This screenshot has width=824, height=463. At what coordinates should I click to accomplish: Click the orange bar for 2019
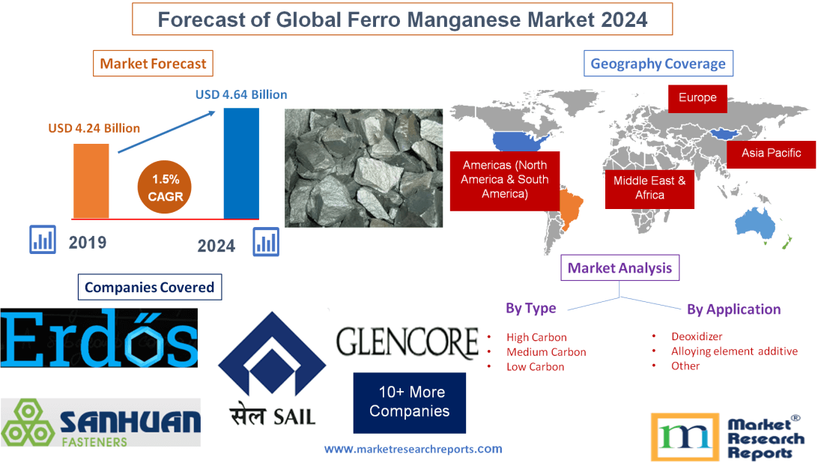click(x=91, y=181)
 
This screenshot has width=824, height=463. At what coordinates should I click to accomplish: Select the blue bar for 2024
click(x=241, y=163)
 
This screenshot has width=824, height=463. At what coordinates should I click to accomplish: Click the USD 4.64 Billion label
click(x=241, y=95)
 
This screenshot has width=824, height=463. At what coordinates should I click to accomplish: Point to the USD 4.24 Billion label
click(x=94, y=128)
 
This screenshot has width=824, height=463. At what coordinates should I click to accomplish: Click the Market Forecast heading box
click(x=153, y=64)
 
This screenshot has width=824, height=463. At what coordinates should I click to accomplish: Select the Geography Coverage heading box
click(x=658, y=64)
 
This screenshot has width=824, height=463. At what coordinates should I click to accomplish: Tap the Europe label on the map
click(x=697, y=98)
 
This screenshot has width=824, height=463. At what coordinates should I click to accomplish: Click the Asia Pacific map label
click(x=771, y=153)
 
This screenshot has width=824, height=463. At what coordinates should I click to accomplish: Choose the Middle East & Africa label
click(x=649, y=187)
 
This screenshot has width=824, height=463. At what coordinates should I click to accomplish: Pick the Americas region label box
click(x=504, y=180)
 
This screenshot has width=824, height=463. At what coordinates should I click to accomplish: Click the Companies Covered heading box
click(x=149, y=287)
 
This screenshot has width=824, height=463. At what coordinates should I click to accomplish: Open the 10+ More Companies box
click(x=409, y=402)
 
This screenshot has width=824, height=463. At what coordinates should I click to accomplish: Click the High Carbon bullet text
click(x=536, y=337)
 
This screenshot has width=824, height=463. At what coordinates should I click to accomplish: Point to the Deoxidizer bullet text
click(x=697, y=336)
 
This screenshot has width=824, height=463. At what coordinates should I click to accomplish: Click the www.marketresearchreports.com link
click(x=413, y=449)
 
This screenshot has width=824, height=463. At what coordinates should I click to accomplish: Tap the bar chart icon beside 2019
click(x=43, y=240)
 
